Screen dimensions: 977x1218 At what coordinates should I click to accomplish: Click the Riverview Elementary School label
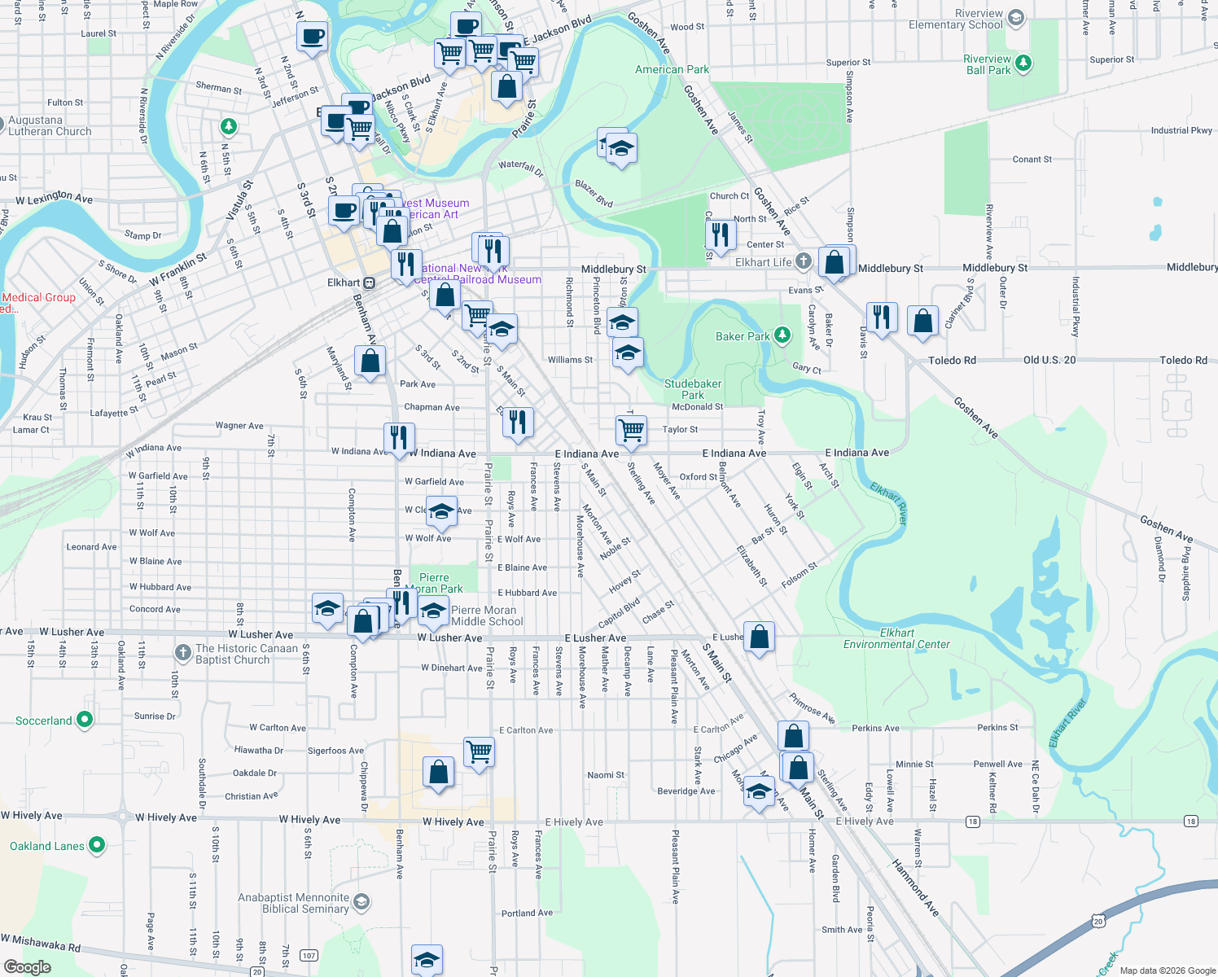pyautogui.click(x=956, y=20)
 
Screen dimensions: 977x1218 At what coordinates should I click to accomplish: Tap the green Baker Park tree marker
pyautogui.click(x=782, y=335)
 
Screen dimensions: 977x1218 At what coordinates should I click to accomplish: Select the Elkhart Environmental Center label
pyautogui.click(x=896, y=638)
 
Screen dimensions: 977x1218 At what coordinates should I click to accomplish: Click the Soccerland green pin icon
pyautogui.click(x=85, y=720)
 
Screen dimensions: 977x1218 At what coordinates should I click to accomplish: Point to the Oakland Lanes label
pyautogui.click(x=47, y=846)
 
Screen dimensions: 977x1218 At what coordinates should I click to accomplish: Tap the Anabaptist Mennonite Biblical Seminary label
pyautogui.click(x=293, y=903)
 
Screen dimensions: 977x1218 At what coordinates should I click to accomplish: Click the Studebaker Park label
pyautogui.click(x=693, y=389)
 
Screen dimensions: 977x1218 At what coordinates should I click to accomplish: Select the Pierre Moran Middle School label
pyautogui.click(x=487, y=616)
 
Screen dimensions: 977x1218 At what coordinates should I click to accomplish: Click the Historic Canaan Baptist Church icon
pyautogui.click(x=182, y=653)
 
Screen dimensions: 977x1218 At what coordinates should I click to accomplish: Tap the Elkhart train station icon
pyautogui.click(x=369, y=283)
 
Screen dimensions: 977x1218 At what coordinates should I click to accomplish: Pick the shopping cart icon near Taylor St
pyautogui.click(x=631, y=427)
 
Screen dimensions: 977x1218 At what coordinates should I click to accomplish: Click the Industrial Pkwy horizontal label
pyautogui.click(x=1181, y=130)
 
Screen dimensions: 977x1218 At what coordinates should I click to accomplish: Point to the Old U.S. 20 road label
pyautogui.click(x=1049, y=360)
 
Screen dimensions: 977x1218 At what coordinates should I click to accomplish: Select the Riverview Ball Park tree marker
pyautogui.click(x=1023, y=63)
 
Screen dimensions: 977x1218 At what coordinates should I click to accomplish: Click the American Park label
pyautogui.click(x=672, y=69)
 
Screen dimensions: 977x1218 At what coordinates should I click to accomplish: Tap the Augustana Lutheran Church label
pyautogui.click(x=50, y=125)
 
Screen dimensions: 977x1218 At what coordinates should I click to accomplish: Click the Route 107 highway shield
pyautogui.click(x=309, y=955)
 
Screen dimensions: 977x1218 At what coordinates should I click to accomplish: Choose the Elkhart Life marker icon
pyautogui.click(x=804, y=261)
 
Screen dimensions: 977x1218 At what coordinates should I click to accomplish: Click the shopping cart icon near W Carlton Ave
pyautogui.click(x=480, y=751)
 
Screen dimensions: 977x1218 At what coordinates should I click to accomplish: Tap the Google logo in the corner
pyautogui.click(x=28, y=967)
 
